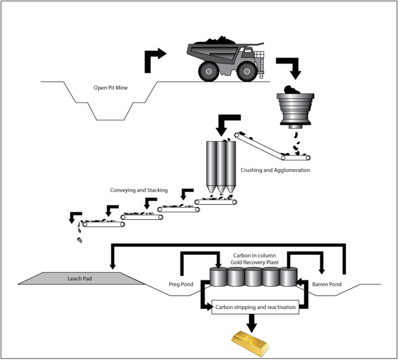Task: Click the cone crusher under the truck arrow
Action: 295,111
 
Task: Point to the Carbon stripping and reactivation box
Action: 255,308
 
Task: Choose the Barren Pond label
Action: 327,284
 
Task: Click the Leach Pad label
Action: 80,278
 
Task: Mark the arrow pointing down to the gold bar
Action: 252,322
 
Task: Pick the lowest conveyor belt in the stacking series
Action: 104,224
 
